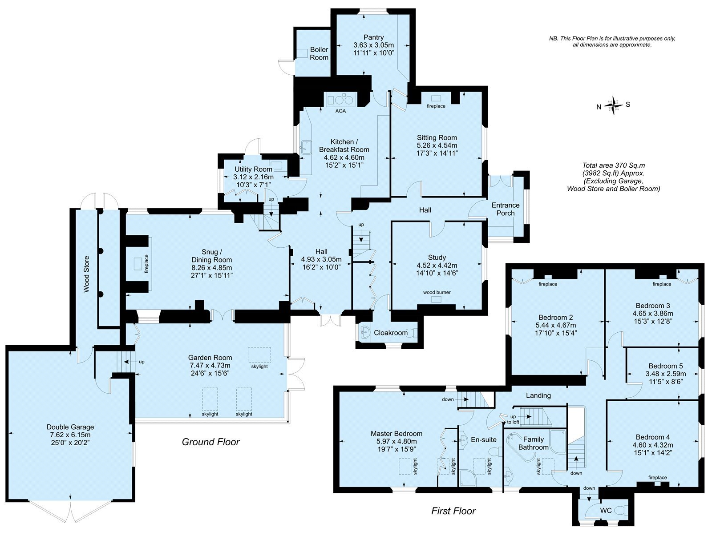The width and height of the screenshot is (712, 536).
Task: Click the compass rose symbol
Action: [613, 105]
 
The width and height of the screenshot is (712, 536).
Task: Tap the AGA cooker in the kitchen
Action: [340, 100]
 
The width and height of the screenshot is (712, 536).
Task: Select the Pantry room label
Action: [373, 38]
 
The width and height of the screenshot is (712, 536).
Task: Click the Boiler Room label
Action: [319, 53]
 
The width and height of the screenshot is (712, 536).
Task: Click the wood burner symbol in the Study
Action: [436, 299]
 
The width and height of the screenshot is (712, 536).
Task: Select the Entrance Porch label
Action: [506, 209]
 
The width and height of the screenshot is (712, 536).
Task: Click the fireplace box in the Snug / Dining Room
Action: [138, 264]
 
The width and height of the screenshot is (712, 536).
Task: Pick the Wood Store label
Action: [86, 274]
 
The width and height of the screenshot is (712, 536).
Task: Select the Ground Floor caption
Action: [210, 442]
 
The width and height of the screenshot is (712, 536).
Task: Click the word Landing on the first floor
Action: [538, 395]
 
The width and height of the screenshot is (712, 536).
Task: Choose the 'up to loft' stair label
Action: [513, 419]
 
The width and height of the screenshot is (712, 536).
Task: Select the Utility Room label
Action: [253, 169]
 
